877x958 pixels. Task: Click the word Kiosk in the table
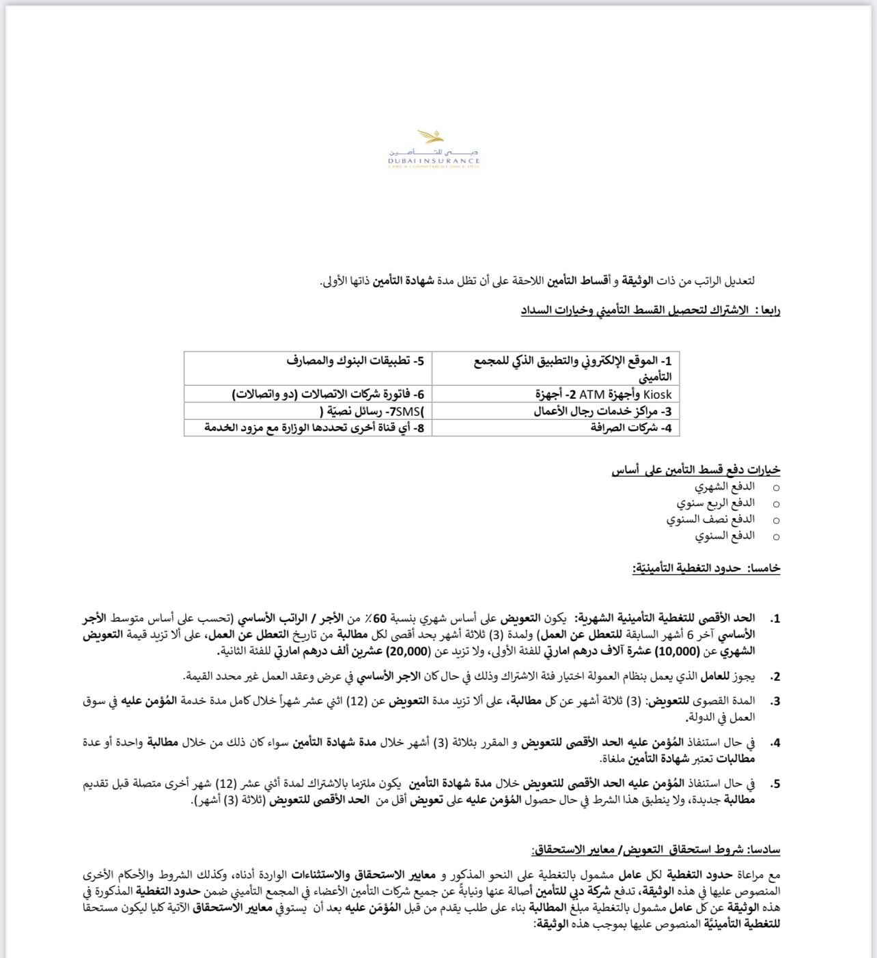[x=658, y=395]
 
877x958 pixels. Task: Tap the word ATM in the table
[x=591, y=395]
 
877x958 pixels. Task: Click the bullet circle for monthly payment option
[x=776, y=488]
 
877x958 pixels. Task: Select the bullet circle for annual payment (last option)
[x=776, y=537]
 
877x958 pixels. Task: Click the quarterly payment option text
[x=716, y=503]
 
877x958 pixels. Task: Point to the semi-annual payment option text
[x=710, y=520]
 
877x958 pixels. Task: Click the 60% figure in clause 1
[x=382, y=619]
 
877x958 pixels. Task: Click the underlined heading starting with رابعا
[x=650, y=311]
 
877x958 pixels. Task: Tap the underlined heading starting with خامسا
[x=706, y=568]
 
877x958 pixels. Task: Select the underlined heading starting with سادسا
[x=656, y=850]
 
